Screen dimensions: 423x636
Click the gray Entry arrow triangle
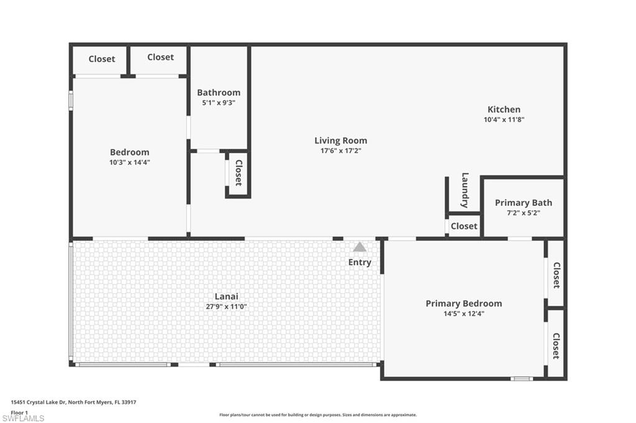point(360,247)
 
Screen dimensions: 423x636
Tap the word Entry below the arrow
point(360,262)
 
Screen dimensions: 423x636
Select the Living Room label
point(340,141)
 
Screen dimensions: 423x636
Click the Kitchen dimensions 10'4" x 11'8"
point(504,120)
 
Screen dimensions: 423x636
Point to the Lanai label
point(227,296)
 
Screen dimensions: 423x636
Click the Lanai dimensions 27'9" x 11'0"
point(227,306)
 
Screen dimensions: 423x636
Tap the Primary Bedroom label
point(463,303)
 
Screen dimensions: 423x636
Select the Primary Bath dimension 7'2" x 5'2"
point(523,213)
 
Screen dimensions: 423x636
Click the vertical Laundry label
point(465,190)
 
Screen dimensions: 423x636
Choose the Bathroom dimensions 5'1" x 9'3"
point(218,103)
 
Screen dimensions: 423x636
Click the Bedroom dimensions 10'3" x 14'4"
point(129,163)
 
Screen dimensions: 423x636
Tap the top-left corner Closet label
point(101,59)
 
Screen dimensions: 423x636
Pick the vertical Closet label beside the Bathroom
point(238,173)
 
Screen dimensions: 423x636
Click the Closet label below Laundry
point(463,226)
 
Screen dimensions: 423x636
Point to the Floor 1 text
point(19,412)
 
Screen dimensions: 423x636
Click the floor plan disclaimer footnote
point(317,415)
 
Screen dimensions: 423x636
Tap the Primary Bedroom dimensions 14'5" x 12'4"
point(463,314)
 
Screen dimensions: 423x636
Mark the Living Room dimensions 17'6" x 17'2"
point(340,151)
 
